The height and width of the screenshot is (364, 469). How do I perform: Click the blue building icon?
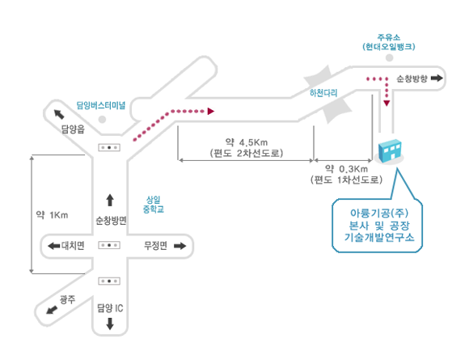(389, 150)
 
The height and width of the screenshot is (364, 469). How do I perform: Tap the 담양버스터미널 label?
(101, 105)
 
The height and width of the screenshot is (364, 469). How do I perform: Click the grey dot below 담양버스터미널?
(103, 120)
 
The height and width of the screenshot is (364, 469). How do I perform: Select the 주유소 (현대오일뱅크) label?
(389, 42)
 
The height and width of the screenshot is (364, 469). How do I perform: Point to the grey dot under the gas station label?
(389, 57)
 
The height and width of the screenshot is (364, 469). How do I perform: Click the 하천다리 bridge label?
(323, 93)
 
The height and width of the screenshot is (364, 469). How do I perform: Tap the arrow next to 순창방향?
(437, 78)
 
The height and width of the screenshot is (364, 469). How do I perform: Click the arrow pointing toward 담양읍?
(59, 114)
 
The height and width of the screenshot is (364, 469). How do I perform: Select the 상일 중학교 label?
(154, 205)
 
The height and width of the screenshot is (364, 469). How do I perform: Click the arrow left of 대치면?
(54, 246)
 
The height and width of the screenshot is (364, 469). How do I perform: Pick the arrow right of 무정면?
(180, 246)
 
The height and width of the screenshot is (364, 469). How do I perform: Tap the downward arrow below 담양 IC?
(110, 324)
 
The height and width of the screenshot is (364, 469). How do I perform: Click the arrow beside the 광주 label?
(52, 310)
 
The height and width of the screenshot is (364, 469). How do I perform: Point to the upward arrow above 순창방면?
(110, 200)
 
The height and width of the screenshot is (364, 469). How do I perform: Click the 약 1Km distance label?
(52, 215)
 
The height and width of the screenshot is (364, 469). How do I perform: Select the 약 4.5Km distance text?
(247, 142)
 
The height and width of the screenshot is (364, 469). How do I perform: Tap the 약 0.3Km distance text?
(346, 169)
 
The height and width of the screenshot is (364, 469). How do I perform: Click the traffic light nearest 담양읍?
(109, 147)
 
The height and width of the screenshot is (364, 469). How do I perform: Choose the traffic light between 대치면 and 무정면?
(109, 245)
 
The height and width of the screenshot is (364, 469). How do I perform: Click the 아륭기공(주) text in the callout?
(379, 213)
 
